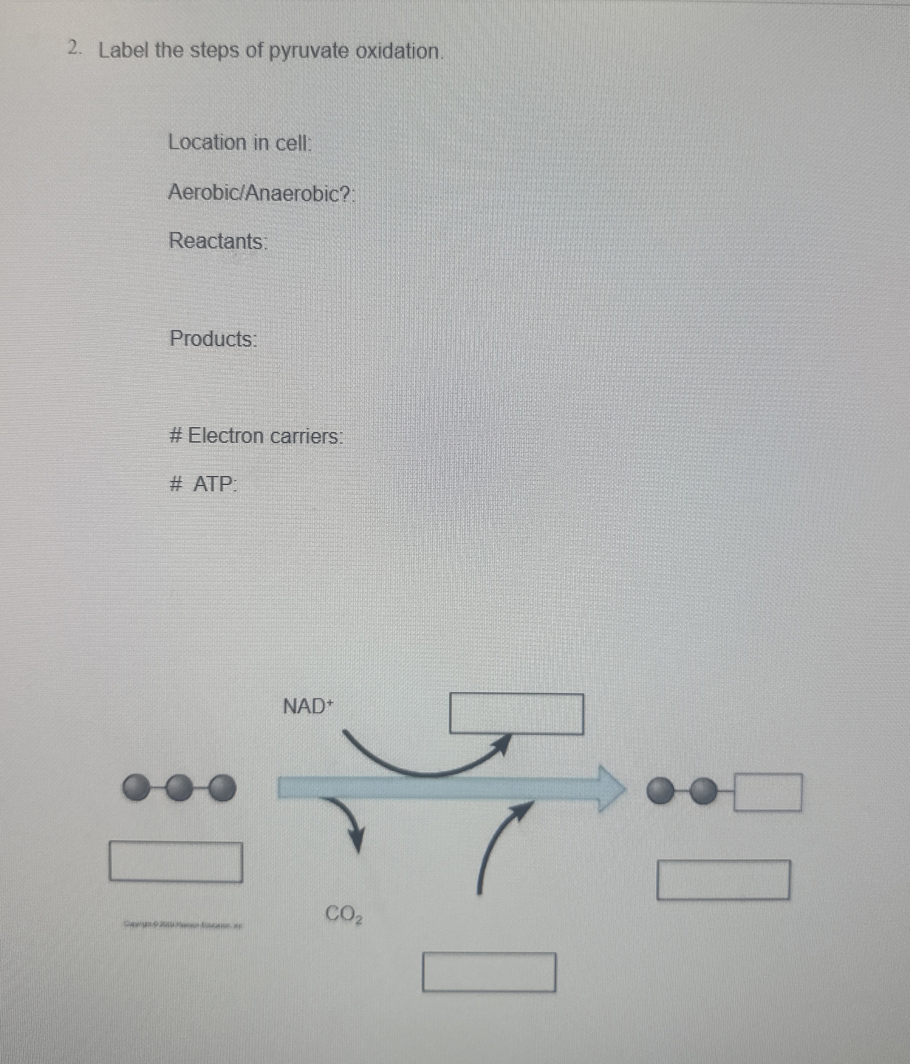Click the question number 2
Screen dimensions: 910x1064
click(74, 49)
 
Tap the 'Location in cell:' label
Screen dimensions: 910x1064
click(240, 143)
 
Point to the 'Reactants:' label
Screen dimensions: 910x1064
click(218, 241)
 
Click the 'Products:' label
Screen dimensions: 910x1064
click(212, 339)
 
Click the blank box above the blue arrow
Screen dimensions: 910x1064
click(516, 714)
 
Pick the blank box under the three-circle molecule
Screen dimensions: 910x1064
click(175, 861)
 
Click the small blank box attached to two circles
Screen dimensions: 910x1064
click(767, 792)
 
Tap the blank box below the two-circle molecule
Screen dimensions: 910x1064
click(723, 880)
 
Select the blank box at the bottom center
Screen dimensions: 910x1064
click(489, 972)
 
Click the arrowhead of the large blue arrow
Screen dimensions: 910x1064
click(612, 789)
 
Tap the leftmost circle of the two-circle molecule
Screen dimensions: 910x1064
click(660, 791)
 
